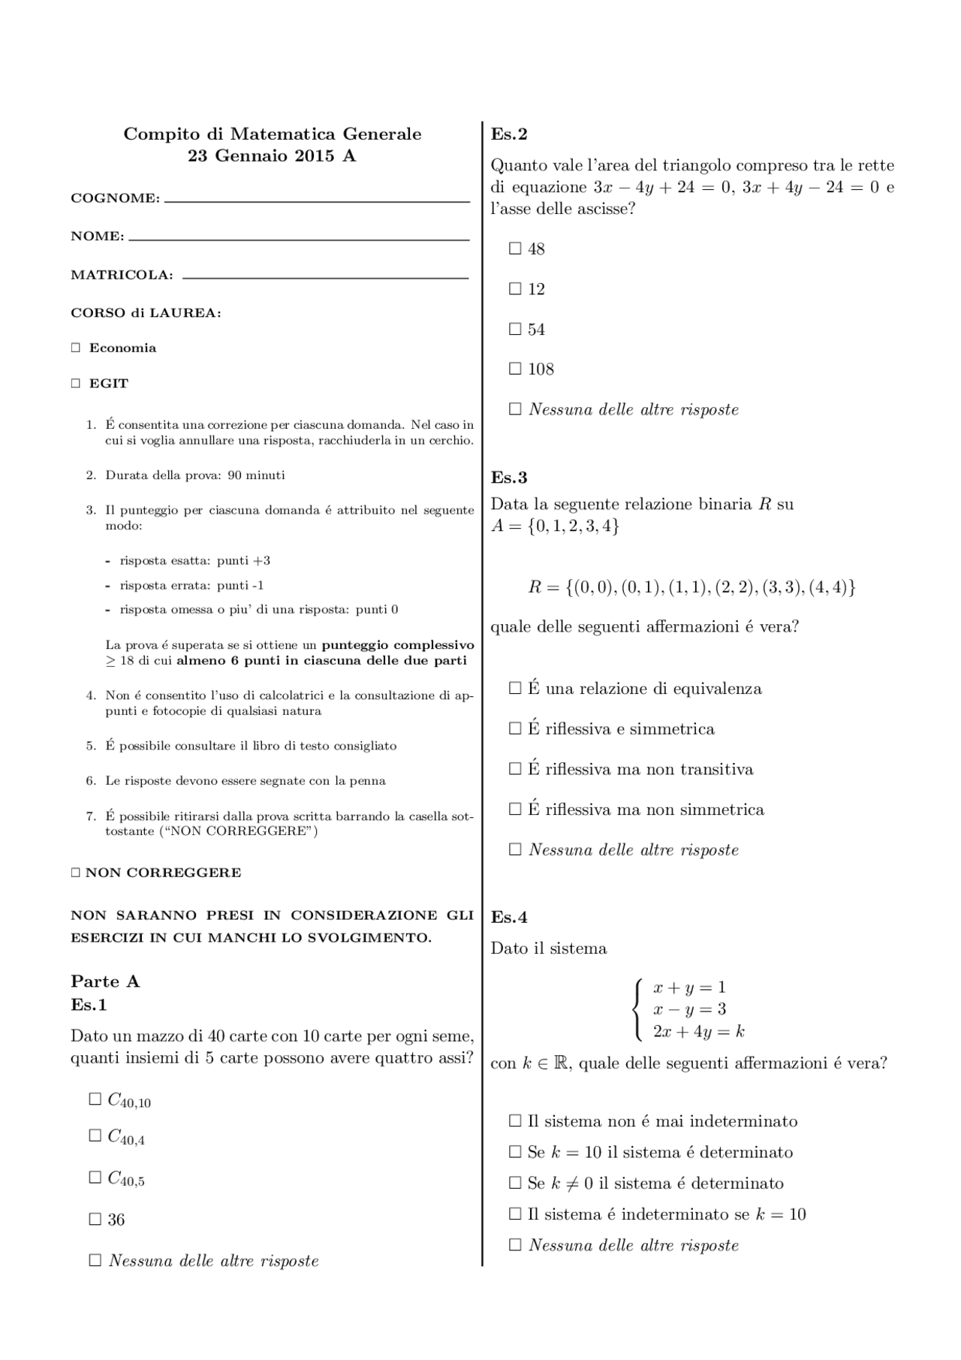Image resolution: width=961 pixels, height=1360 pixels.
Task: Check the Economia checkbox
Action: click(x=75, y=348)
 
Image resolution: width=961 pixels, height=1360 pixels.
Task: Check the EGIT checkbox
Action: click(x=75, y=383)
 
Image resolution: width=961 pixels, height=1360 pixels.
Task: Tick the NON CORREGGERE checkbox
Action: click(x=75, y=873)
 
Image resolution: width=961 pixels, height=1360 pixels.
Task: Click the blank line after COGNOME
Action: click(x=316, y=200)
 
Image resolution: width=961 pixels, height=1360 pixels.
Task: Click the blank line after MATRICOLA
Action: click(x=325, y=276)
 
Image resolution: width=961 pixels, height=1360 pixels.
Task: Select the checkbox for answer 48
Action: click(x=515, y=249)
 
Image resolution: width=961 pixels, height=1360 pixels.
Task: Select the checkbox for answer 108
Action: click(x=515, y=369)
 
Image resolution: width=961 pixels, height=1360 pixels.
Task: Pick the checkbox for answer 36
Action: click(x=95, y=1220)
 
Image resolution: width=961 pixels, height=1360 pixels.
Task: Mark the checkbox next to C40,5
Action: click(x=95, y=1178)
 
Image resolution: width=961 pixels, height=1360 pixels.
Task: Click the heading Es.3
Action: click(x=509, y=478)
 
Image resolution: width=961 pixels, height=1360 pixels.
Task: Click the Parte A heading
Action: click(x=105, y=982)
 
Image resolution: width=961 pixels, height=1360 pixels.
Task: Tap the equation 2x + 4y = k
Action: click(x=698, y=1032)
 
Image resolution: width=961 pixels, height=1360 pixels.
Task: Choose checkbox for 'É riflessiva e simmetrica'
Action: click(x=515, y=728)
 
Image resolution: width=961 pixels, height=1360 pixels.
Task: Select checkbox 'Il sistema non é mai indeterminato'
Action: click(x=515, y=1121)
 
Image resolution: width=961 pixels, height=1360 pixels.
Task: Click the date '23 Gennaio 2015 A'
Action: click(x=272, y=156)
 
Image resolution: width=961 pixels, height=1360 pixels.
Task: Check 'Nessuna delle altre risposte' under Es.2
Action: click(x=515, y=409)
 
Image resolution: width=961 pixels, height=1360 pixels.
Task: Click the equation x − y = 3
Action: click(x=689, y=1009)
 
